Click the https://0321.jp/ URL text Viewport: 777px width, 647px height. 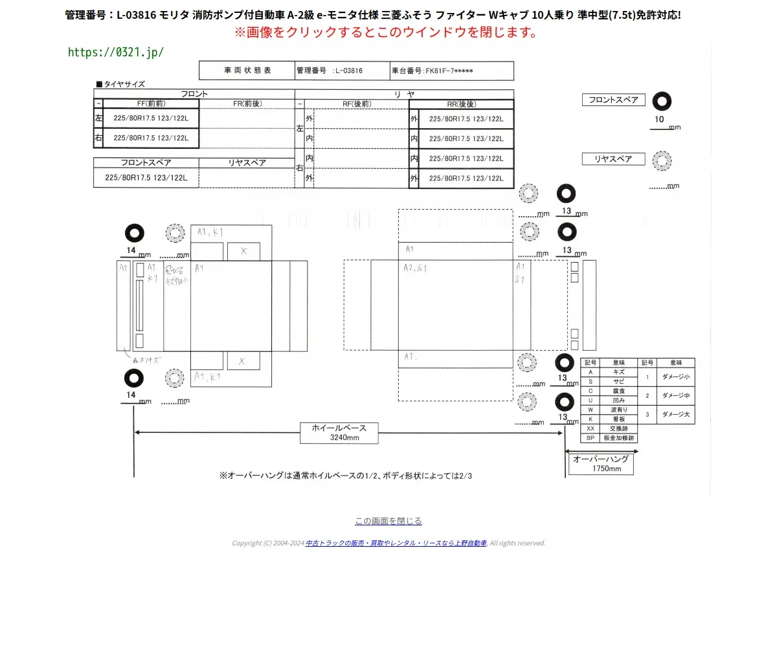point(116,52)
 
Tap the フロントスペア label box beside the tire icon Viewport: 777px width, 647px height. point(613,100)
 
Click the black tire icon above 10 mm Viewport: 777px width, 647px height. point(662,102)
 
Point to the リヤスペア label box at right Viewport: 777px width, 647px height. point(613,159)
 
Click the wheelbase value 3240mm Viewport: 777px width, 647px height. point(344,438)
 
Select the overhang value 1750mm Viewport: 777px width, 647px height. point(606,468)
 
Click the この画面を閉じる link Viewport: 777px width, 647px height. point(388,521)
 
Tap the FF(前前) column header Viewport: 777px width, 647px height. point(151,104)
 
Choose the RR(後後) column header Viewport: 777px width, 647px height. point(461,104)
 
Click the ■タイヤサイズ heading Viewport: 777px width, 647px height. point(120,84)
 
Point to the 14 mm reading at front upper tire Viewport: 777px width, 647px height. point(131,250)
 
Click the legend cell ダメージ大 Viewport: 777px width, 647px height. point(675,414)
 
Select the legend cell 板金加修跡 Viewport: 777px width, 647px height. point(619,438)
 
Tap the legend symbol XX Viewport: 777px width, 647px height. point(591,428)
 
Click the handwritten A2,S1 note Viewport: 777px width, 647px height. point(415,268)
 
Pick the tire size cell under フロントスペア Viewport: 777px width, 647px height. point(146,178)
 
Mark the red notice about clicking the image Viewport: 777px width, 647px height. point(386,32)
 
